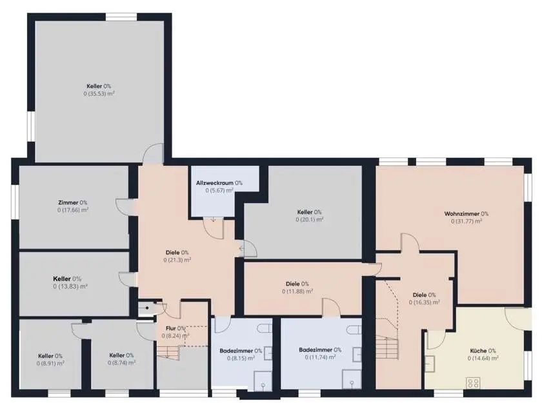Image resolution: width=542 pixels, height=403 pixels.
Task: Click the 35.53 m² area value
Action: click(x=99, y=93)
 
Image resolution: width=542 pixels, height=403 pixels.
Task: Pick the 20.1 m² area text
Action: click(x=309, y=220)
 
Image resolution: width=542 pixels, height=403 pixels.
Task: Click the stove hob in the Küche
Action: click(x=473, y=382)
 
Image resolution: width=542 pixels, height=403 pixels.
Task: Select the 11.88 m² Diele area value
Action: click(x=297, y=291)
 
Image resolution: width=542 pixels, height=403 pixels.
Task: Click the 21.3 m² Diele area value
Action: click(x=177, y=260)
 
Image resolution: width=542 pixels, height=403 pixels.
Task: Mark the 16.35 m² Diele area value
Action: click(x=425, y=302)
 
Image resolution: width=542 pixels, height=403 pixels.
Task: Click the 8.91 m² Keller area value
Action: click(x=50, y=363)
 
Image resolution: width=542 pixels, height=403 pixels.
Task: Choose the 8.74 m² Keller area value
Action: click(x=121, y=362)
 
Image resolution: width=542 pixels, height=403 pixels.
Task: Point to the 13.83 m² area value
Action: click(x=70, y=286)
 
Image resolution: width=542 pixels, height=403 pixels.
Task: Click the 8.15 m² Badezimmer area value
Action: click(x=241, y=359)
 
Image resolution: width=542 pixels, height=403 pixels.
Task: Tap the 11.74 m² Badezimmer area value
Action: click(x=320, y=357)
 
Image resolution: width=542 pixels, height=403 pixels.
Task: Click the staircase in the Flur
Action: click(x=168, y=352)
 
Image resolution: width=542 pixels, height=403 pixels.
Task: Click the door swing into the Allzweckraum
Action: click(x=214, y=228)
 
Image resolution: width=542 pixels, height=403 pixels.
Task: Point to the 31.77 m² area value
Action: click(x=467, y=221)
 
